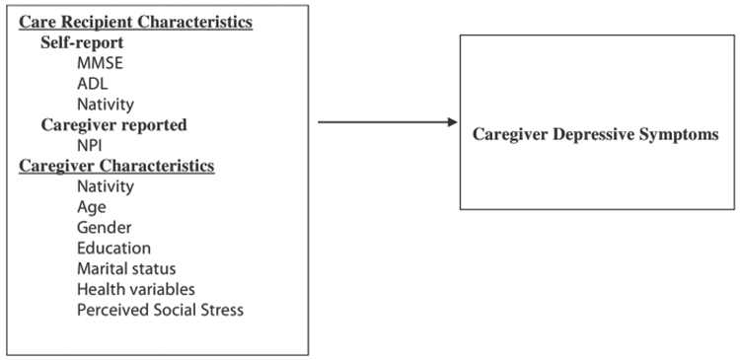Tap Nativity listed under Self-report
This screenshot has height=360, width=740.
(x=106, y=103)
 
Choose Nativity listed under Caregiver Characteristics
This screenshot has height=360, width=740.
(x=106, y=185)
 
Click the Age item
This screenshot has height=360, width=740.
(x=91, y=207)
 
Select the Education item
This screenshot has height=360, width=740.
(x=113, y=248)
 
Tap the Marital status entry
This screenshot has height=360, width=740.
(x=125, y=268)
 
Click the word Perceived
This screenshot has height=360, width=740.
(x=112, y=310)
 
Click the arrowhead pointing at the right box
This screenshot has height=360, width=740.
(x=452, y=122)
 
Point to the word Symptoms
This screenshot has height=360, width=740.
(x=681, y=134)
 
